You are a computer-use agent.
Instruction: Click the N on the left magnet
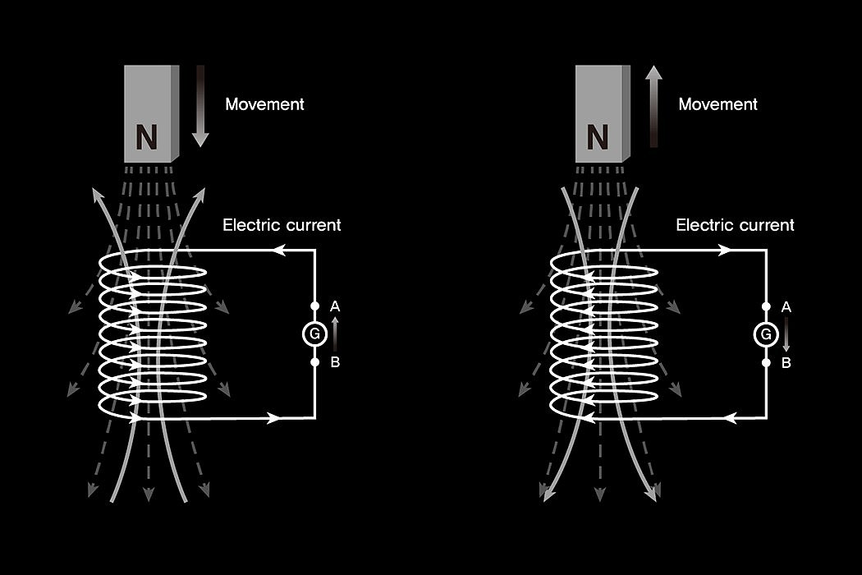(x=146, y=138)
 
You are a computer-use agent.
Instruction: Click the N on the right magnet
(x=598, y=136)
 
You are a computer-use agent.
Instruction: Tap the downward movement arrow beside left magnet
(x=200, y=107)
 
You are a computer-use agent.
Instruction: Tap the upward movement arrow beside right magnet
(x=653, y=107)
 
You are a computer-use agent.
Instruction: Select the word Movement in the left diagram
(x=264, y=104)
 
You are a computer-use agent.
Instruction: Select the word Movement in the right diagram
(x=718, y=104)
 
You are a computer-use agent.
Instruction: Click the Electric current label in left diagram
(x=282, y=224)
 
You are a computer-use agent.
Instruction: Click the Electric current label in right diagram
(x=735, y=224)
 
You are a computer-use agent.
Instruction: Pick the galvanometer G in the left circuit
(x=314, y=333)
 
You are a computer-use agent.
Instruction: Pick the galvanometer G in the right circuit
(x=766, y=334)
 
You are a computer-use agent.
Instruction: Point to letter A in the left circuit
(x=335, y=306)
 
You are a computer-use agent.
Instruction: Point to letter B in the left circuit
(x=335, y=361)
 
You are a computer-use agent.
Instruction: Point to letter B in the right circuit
(x=786, y=362)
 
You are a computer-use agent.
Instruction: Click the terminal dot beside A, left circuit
(x=314, y=306)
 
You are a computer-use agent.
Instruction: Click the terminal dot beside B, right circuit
(x=766, y=362)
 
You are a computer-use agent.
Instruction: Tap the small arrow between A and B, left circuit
(x=334, y=333)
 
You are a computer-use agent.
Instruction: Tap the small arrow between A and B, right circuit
(x=786, y=334)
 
